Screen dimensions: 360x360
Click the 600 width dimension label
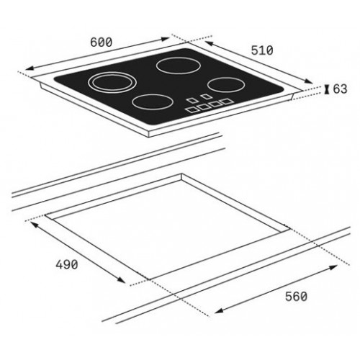101,42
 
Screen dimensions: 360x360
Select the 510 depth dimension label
262,50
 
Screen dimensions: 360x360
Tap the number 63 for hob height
340,89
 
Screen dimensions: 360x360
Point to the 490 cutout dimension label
67,264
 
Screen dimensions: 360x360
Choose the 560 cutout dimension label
296,297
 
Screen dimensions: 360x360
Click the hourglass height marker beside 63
326,89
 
